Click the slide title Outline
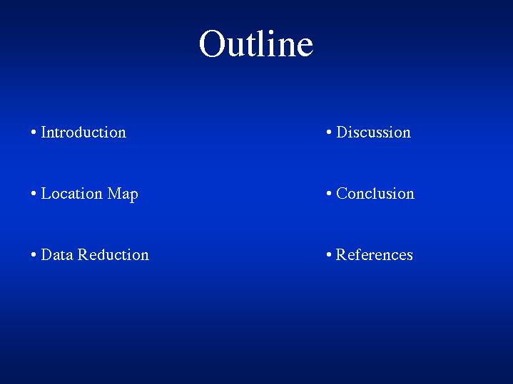tap(256, 43)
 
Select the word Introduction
tap(83, 133)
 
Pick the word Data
tap(57, 255)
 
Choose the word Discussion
tap(374, 133)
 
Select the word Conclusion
tap(375, 194)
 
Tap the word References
tap(375, 255)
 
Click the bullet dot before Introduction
tap(34, 133)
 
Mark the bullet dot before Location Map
tap(34, 194)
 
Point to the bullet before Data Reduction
tap(34, 254)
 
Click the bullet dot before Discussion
tap(329, 133)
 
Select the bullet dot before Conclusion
tap(329, 194)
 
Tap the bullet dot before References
tap(329, 254)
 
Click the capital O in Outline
tap(212, 43)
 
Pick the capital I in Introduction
tap(44, 133)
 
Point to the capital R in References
tap(342, 255)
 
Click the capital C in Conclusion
tap(342, 194)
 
